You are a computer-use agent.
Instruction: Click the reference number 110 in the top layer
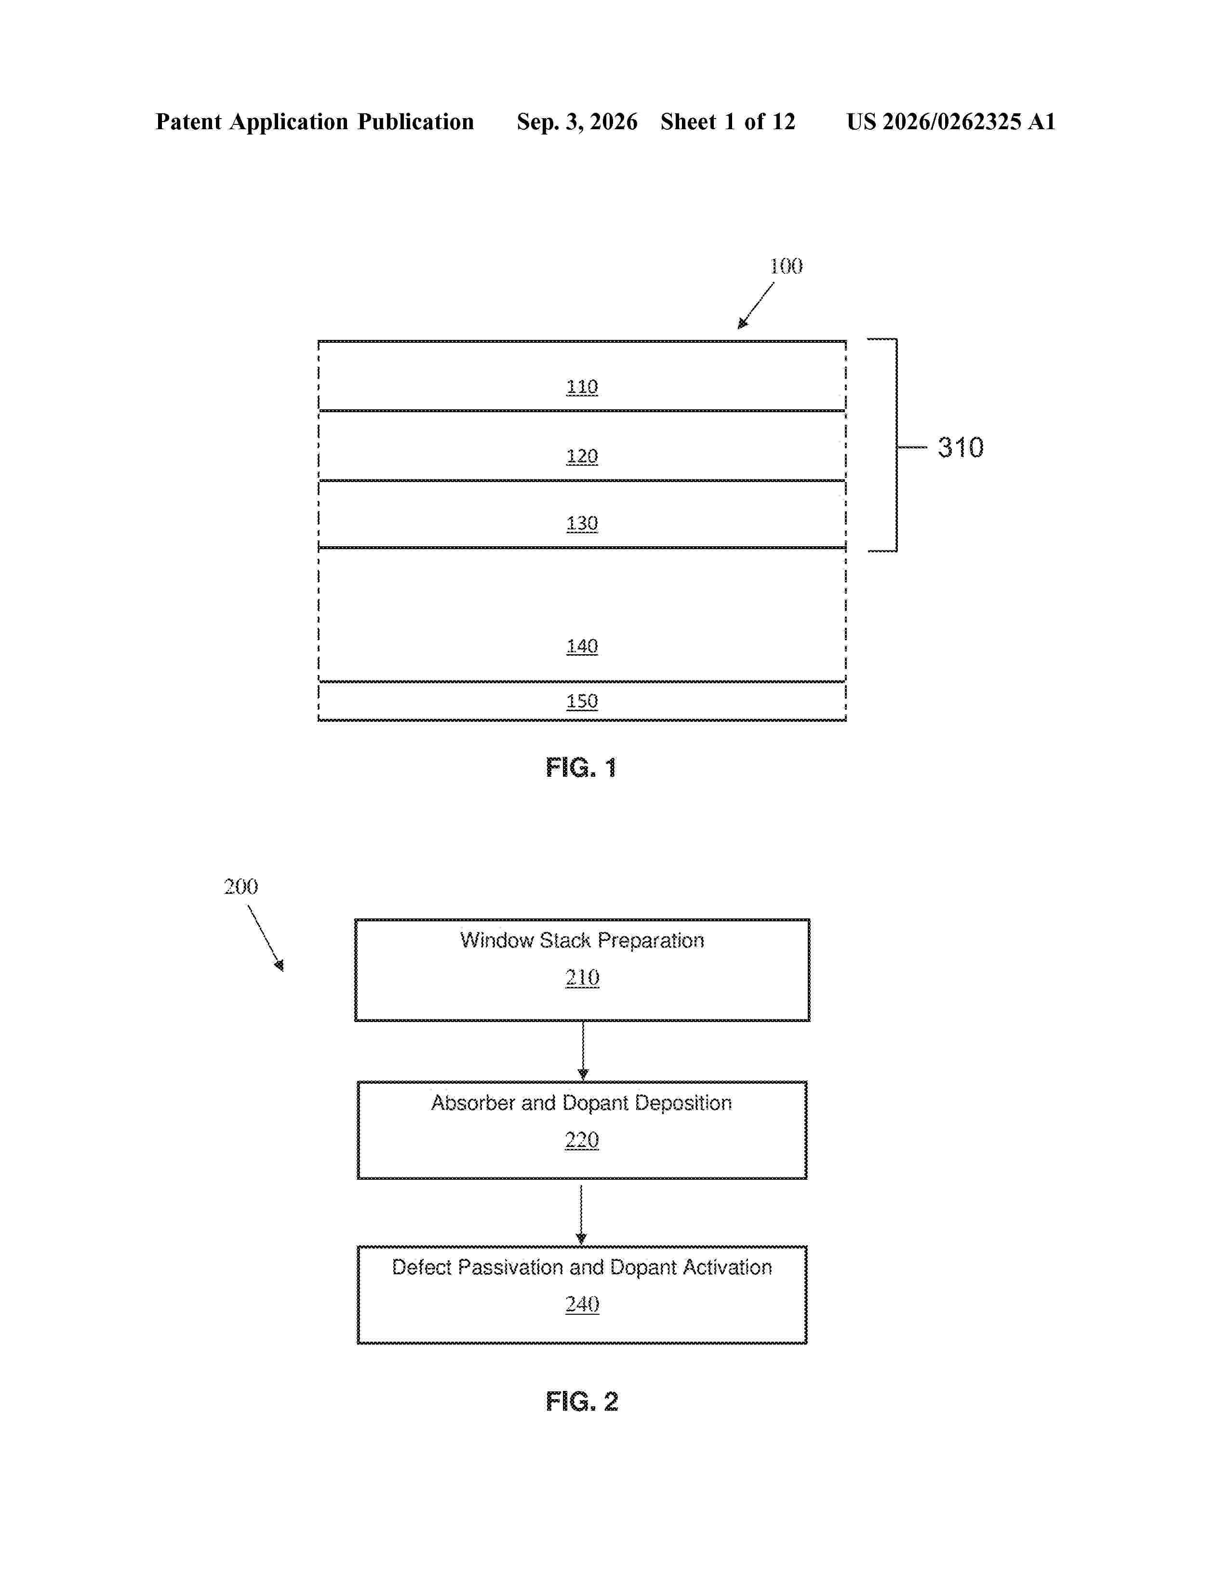click(582, 387)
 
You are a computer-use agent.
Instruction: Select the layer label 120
click(582, 456)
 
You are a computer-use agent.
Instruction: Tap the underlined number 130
click(582, 523)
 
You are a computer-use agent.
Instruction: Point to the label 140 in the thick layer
click(582, 646)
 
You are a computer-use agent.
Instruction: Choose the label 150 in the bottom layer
click(582, 701)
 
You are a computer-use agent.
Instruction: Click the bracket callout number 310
click(961, 447)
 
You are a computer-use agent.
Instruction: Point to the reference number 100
click(787, 266)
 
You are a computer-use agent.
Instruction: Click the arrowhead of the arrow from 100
click(742, 324)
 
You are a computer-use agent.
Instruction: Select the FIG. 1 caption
click(581, 768)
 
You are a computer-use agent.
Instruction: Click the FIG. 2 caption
click(582, 1402)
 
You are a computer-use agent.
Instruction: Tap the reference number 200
click(241, 887)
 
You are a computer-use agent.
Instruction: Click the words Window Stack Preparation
click(582, 941)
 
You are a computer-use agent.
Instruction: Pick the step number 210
click(582, 978)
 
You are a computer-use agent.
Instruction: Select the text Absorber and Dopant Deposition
click(581, 1103)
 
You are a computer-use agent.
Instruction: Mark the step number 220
click(582, 1140)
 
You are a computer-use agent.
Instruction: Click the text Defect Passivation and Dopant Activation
click(582, 1267)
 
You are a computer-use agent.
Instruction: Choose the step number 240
click(582, 1304)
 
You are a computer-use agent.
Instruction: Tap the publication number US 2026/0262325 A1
click(951, 121)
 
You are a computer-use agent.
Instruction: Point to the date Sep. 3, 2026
click(577, 121)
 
